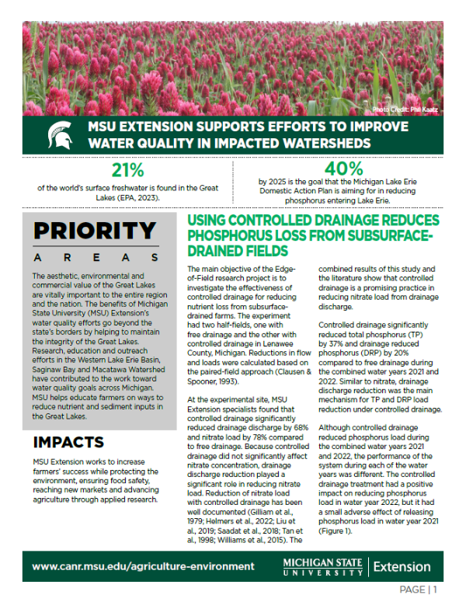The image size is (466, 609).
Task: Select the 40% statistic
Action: (x=343, y=169)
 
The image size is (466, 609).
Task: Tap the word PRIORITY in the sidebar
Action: (x=95, y=231)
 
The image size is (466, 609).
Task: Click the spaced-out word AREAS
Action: (x=95, y=257)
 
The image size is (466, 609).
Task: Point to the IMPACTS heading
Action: (x=68, y=443)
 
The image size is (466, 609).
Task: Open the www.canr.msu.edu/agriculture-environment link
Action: (x=143, y=566)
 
